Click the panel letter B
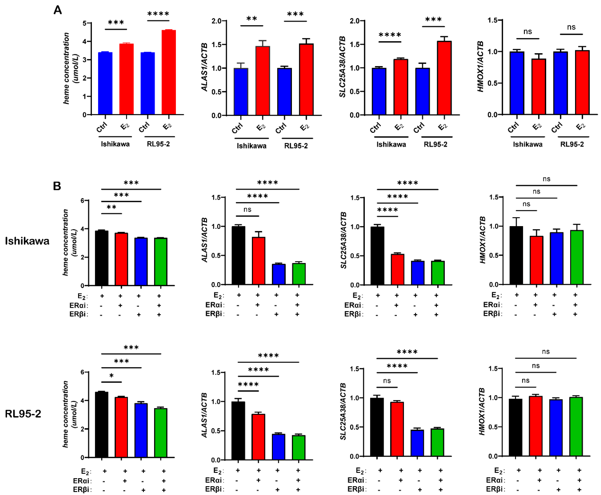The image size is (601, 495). pyautogui.click(x=57, y=186)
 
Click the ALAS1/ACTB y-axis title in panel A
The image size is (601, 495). pyautogui.click(x=204, y=68)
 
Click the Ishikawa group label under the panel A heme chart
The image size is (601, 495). pyautogui.click(x=115, y=144)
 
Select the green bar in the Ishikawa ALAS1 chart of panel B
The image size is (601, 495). pyautogui.click(x=299, y=274)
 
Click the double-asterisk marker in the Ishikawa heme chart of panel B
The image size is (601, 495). pyautogui.click(x=111, y=207)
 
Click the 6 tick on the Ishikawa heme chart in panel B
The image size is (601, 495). pyautogui.click(x=83, y=201)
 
